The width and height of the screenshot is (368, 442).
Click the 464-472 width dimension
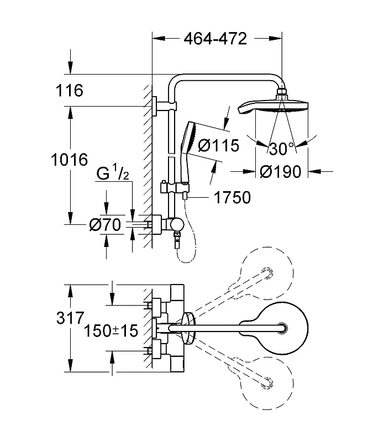click(215, 39)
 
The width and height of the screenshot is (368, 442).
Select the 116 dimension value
click(70, 91)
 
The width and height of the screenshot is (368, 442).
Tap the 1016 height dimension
click(70, 160)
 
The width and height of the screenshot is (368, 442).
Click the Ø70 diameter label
click(105, 225)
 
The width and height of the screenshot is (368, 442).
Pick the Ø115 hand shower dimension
click(219, 145)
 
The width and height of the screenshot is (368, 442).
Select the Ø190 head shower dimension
click(280, 172)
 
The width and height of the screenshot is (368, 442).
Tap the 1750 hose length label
click(233, 197)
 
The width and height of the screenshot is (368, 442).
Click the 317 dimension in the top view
click(70, 318)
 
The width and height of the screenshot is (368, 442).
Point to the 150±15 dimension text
click(111, 330)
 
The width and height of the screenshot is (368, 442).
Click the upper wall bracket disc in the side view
click(154, 106)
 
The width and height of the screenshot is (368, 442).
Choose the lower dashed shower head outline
click(260, 382)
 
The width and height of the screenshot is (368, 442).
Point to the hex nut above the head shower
click(281, 92)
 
